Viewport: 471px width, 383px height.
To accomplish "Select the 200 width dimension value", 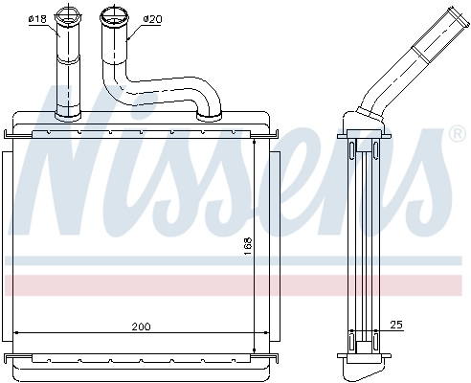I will tap(141, 327).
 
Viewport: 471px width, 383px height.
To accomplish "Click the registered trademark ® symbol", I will tap(457, 136).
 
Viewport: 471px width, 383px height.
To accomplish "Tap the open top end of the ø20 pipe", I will tap(113, 16).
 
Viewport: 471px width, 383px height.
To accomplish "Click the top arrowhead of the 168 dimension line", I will tap(255, 138).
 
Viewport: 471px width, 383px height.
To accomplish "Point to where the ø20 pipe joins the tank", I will tap(209, 118).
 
